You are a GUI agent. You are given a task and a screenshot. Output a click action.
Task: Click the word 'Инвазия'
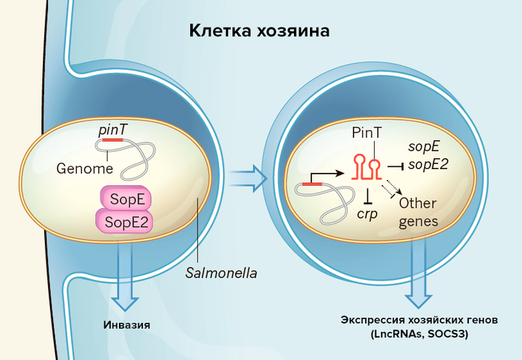tap(126, 324)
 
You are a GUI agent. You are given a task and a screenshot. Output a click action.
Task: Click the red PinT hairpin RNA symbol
tap(367, 166)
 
